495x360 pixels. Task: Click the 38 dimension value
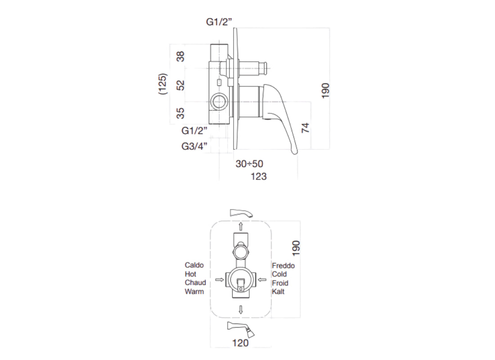click(180, 57)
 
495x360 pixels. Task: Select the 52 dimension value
click(180, 85)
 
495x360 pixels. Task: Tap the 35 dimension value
click(180, 112)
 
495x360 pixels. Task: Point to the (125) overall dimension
click(163, 84)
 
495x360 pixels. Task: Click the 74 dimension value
click(306, 127)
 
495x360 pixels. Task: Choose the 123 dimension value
click(258, 176)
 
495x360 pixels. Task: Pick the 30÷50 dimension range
click(249, 164)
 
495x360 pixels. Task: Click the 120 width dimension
click(241, 343)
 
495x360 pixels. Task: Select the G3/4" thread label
click(194, 146)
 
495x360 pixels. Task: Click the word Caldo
click(194, 265)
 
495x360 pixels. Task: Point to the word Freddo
click(283, 265)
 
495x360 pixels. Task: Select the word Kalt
click(278, 292)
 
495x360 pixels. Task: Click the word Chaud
click(195, 283)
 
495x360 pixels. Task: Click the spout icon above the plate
click(241, 212)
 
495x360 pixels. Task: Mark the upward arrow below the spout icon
click(241, 226)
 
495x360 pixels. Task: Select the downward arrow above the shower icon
click(241, 309)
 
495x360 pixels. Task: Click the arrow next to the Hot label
click(220, 279)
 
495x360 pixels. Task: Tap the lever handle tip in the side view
click(295, 152)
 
